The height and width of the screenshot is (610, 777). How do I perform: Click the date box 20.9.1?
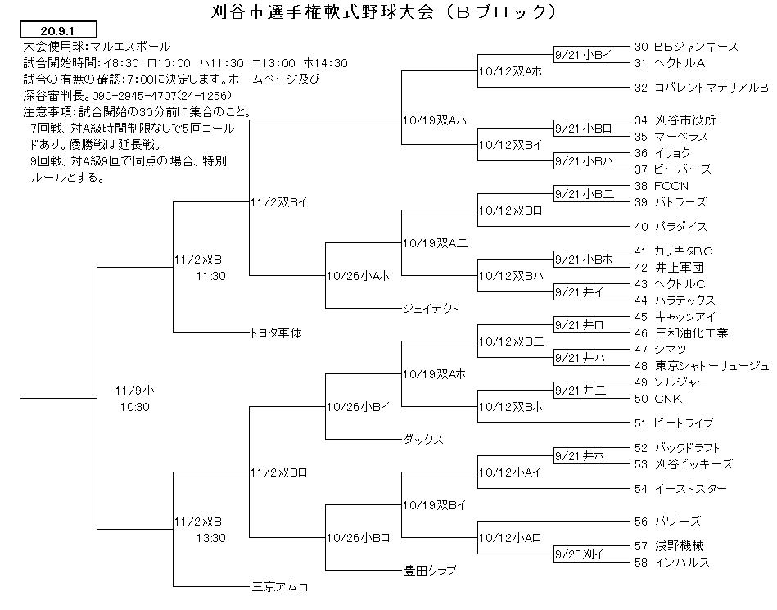click(x=58, y=30)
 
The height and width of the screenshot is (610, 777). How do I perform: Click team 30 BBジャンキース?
click(x=686, y=47)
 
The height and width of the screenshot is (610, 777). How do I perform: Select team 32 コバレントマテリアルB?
click(x=701, y=88)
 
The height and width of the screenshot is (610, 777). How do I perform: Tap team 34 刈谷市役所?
click(x=675, y=120)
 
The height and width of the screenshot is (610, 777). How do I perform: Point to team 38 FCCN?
click(x=662, y=186)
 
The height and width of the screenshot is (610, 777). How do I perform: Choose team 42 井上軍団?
click(x=669, y=268)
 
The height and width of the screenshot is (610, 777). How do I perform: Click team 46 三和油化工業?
click(x=681, y=333)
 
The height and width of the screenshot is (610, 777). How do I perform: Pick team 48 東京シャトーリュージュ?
click(x=702, y=366)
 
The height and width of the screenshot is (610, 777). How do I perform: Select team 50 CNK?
click(x=658, y=399)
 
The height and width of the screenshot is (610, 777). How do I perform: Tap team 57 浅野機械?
click(x=669, y=545)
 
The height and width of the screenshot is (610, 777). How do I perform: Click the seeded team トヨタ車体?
click(x=277, y=333)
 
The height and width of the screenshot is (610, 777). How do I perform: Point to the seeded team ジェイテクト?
click(x=431, y=308)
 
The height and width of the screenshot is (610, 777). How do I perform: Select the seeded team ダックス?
click(x=423, y=439)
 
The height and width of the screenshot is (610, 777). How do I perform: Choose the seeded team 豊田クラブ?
click(x=430, y=571)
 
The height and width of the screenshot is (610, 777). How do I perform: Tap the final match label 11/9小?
click(x=134, y=391)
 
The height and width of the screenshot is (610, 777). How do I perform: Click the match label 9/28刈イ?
click(x=580, y=554)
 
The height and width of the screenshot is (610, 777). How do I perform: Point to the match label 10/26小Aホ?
click(x=358, y=276)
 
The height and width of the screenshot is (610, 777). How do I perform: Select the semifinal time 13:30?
click(x=210, y=538)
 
